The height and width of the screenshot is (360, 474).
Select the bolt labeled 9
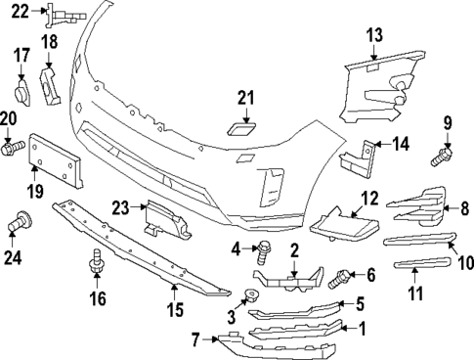(442, 155)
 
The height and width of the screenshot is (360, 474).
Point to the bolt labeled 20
(14, 150)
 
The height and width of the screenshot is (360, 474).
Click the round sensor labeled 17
(22, 95)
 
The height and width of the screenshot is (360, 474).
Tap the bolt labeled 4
(263, 253)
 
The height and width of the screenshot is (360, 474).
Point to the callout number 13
(374, 35)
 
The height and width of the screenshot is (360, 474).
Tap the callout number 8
(464, 206)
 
